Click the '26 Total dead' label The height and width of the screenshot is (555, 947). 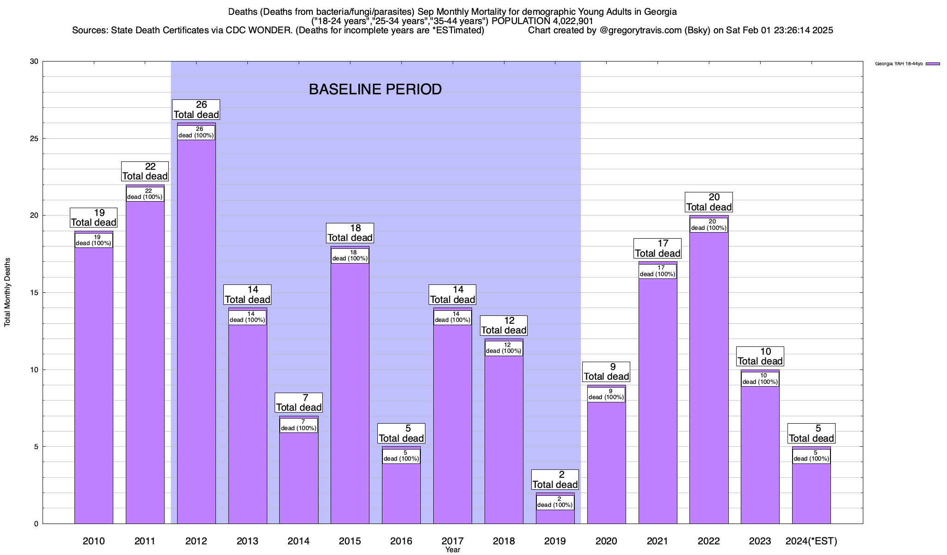click(x=196, y=110)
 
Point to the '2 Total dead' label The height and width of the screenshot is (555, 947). click(x=555, y=480)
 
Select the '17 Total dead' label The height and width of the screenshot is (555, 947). click(x=658, y=248)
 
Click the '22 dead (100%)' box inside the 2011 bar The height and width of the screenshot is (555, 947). click(x=145, y=194)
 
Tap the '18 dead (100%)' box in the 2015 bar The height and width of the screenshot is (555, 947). click(x=350, y=256)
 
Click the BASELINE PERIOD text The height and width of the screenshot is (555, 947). click(x=375, y=89)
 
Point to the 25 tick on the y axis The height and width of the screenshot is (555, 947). click(x=34, y=138)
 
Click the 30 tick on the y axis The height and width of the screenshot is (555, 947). click(x=34, y=62)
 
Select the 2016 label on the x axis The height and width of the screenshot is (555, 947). click(x=401, y=541)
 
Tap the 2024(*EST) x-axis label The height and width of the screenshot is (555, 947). click(x=811, y=541)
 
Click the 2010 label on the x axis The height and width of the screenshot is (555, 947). click(x=93, y=541)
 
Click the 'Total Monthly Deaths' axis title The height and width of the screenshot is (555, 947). click(x=7, y=292)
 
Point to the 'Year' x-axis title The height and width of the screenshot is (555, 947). click(x=453, y=550)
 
